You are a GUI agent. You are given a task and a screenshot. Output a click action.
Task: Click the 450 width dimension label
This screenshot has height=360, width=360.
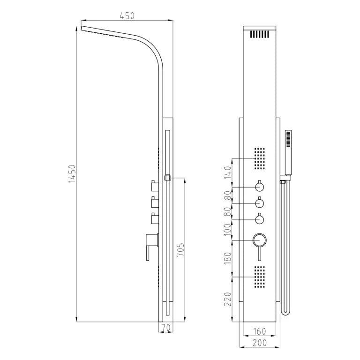(x=127, y=16)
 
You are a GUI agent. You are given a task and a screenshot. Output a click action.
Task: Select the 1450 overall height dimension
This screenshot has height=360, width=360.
(x=72, y=174)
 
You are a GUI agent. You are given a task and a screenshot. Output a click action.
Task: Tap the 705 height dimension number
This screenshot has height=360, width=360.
(x=180, y=250)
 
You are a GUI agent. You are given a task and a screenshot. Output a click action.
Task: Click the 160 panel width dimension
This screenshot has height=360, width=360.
(x=259, y=331)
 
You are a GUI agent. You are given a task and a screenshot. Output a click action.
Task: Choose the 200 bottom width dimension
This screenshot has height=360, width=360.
(x=260, y=343)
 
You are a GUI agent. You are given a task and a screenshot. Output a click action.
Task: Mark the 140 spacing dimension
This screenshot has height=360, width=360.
(x=227, y=172)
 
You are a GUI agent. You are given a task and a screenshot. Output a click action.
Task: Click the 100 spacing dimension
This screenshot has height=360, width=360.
(x=227, y=229)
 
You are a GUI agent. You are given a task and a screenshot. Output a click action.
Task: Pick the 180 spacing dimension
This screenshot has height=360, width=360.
(x=227, y=258)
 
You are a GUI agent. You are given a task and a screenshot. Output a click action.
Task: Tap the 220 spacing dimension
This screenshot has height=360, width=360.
(x=228, y=299)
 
